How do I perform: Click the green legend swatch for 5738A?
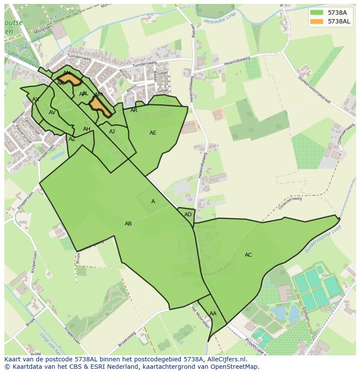[317, 12]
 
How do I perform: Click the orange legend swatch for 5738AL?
[317, 21]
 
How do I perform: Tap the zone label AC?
[248, 255]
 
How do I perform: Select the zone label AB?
[128, 224]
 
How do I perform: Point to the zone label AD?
[188, 215]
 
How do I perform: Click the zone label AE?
[153, 133]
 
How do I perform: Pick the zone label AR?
[134, 110]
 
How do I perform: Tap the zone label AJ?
[112, 132]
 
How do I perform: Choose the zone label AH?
[87, 129]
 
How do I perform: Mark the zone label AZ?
[72, 139]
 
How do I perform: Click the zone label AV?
[52, 113]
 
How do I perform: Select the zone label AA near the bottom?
[213, 314]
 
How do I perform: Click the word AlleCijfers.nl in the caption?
[226, 360]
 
